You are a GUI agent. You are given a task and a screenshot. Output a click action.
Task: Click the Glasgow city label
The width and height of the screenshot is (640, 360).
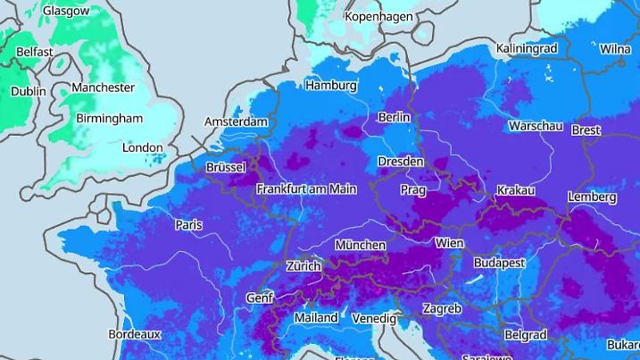[66, 11]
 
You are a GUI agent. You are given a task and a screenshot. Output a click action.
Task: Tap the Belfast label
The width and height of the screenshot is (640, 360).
[34, 52]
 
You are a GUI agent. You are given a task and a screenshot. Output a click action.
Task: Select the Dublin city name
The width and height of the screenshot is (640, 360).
[28, 91]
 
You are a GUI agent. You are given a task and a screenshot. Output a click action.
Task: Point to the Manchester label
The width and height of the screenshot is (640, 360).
[103, 88]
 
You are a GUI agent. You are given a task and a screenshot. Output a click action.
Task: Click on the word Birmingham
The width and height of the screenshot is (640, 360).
[109, 118]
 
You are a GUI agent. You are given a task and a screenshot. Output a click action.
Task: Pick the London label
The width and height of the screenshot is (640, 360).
[142, 147]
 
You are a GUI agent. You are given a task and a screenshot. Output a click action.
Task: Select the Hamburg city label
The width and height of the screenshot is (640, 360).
[330, 86]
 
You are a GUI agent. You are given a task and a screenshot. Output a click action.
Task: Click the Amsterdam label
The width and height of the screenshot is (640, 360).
[236, 121]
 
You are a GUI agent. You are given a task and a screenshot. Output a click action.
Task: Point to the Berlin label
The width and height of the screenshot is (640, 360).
[394, 117]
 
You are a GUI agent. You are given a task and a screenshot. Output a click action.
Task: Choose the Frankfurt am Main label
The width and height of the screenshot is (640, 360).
[306, 189]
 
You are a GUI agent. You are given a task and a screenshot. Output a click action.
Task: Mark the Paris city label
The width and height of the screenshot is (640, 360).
[188, 224]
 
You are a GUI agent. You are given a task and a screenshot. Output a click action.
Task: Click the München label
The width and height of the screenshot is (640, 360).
[360, 245]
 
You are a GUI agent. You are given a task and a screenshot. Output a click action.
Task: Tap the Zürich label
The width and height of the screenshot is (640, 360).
[303, 266]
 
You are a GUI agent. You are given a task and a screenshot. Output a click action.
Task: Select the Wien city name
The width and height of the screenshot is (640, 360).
[449, 243]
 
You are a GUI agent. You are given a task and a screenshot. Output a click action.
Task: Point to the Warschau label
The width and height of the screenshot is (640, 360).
[536, 126]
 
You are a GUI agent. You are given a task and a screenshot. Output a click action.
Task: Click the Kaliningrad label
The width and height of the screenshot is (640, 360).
[527, 47]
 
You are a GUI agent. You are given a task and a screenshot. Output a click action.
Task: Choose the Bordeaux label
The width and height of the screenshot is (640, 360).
[134, 334]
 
